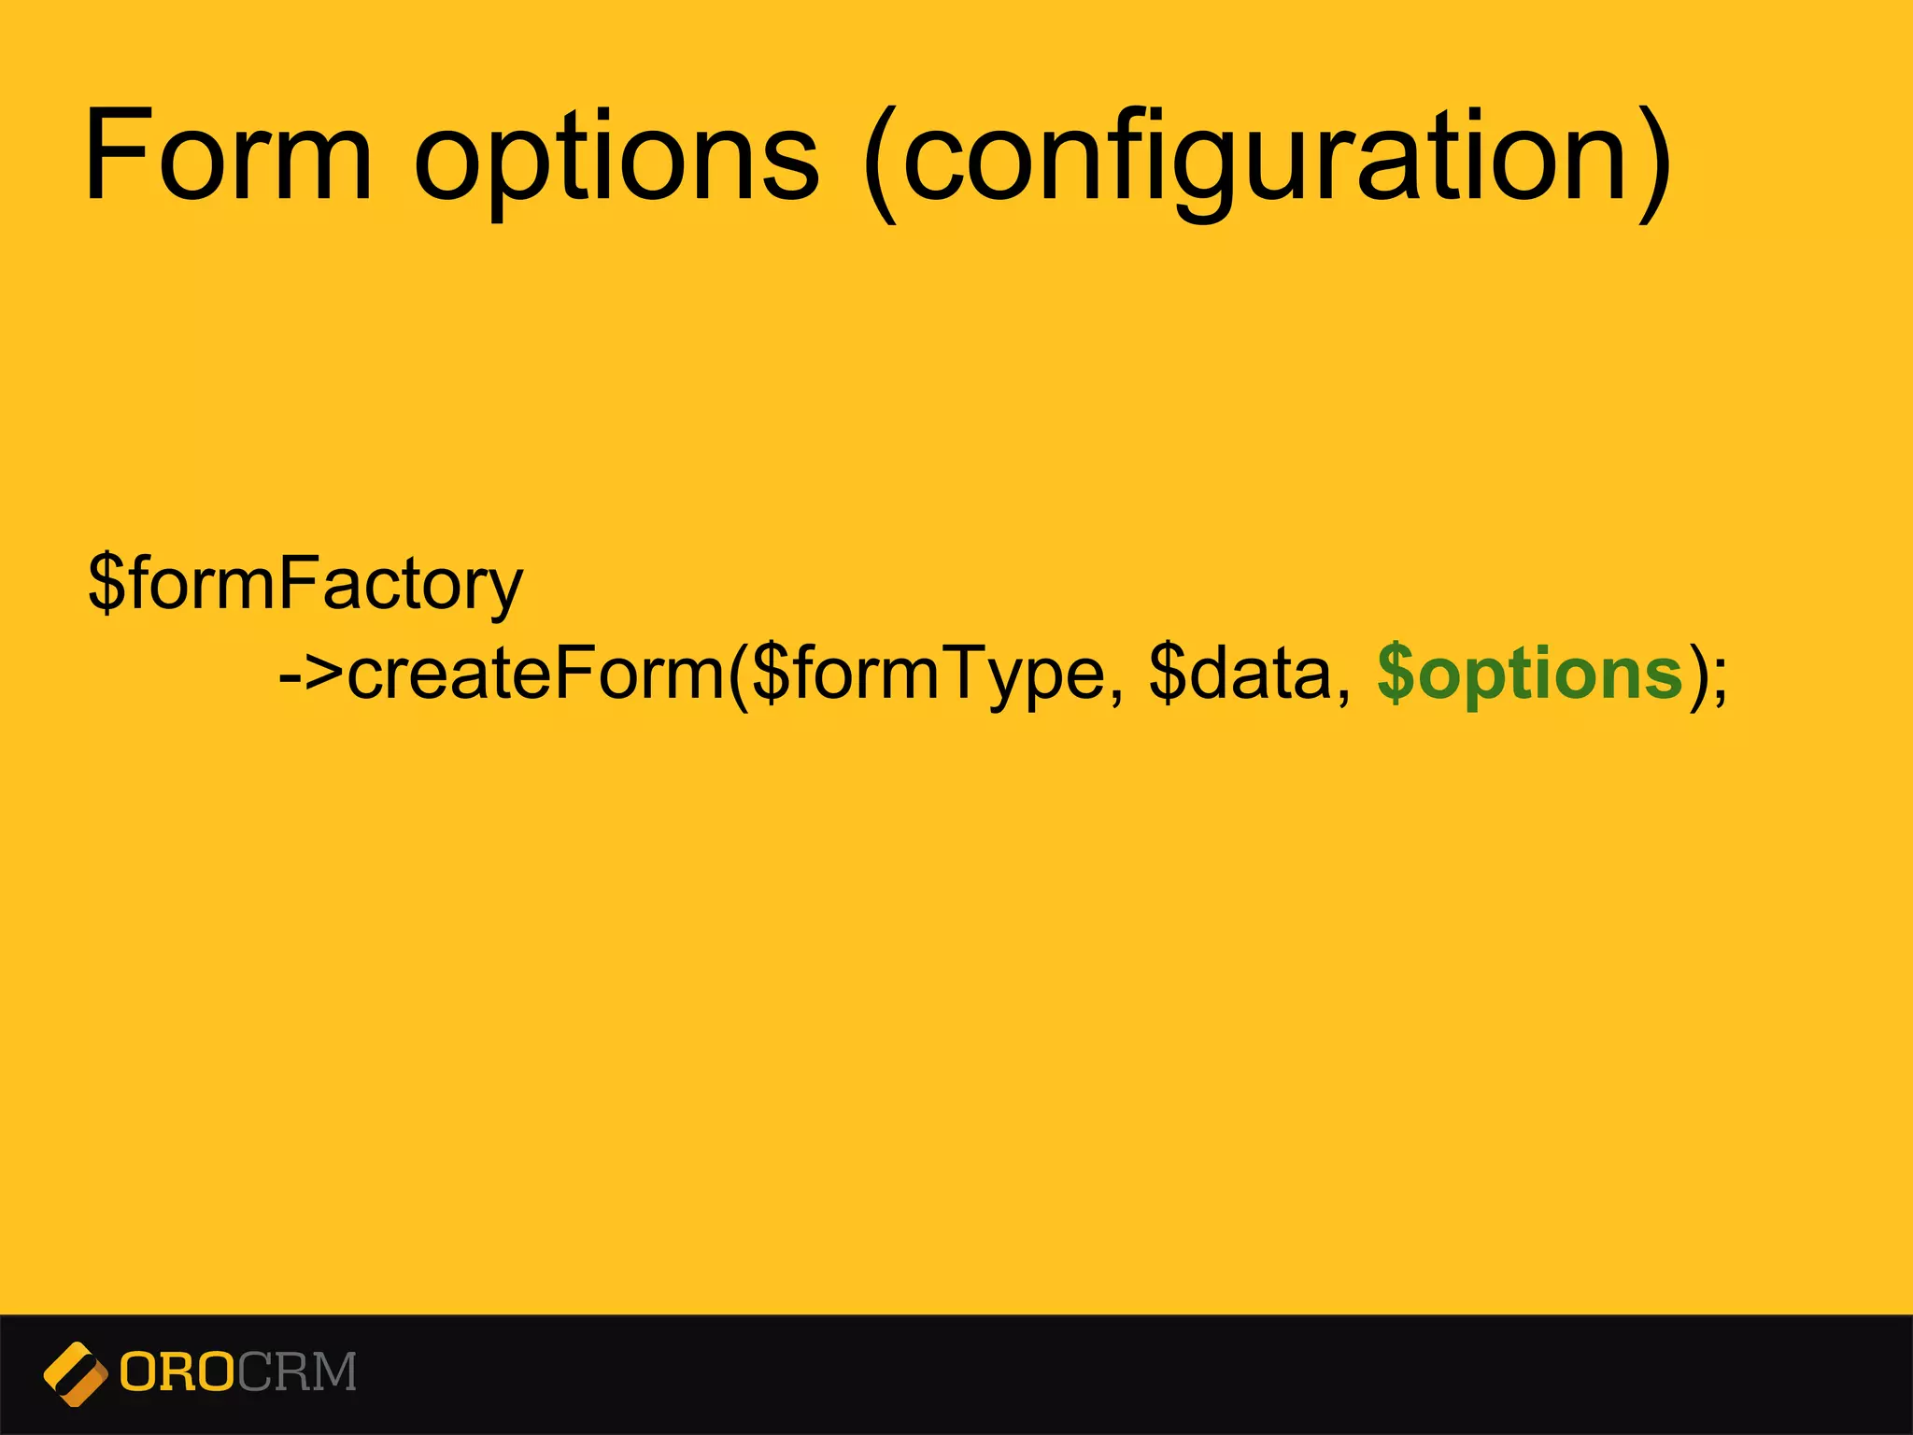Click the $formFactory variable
point(305,584)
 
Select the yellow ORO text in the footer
point(177,1372)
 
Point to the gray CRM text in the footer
point(296,1372)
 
